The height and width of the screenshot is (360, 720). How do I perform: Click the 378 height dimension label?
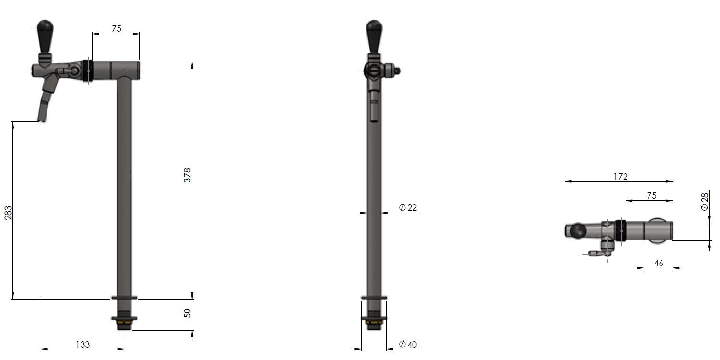pos(188,175)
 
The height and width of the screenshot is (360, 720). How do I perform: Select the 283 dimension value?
pos(8,213)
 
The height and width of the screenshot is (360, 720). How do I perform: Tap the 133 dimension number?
pos(83,345)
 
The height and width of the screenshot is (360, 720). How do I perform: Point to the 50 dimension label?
pos(188,313)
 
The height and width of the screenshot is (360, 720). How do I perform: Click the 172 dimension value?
pos(621,177)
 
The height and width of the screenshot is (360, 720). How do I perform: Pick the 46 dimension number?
pos(659,263)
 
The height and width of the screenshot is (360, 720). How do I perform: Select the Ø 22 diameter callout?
pos(408,208)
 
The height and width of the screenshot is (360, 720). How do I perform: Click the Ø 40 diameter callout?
pos(408,344)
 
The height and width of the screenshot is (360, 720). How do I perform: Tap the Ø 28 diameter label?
pos(704,202)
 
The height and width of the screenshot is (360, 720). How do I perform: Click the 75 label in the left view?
pos(117,29)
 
